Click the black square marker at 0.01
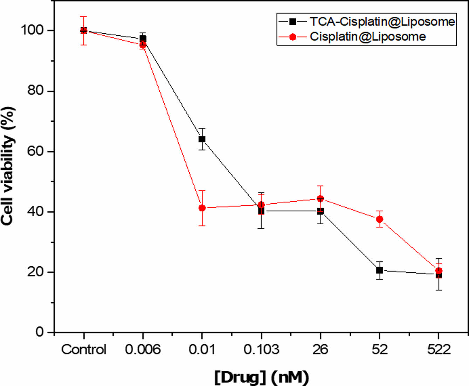[x=202, y=139]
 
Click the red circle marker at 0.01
[x=202, y=208]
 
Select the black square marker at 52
[x=379, y=270]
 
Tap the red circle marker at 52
[x=379, y=219]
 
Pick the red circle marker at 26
[x=320, y=198]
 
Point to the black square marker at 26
[x=320, y=211]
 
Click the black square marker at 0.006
[x=143, y=38]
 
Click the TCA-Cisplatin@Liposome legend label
[x=382, y=22]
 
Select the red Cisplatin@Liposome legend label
[x=368, y=37]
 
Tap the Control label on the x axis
[x=84, y=349]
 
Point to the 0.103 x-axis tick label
[x=261, y=349]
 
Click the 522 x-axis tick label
[x=439, y=349]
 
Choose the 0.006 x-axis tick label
[x=143, y=349]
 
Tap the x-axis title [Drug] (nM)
[x=261, y=377]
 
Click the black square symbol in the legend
[x=293, y=22]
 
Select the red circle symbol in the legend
[x=293, y=37]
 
